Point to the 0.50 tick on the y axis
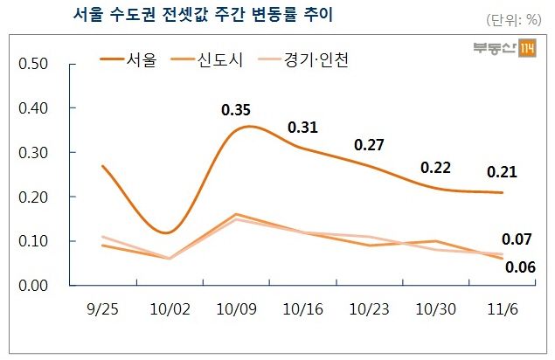(x=34, y=65)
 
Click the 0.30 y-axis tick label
(x=34, y=153)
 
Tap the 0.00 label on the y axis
(x=34, y=285)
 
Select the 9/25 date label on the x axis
(x=101, y=309)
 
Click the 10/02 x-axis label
(x=168, y=309)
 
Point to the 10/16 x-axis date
(x=302, y=309)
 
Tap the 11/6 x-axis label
(x=502, y=309)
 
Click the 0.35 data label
(x=237, y=110)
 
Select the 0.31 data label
(x=303, y=128)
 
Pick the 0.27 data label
(x=370, y=144)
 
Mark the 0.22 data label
(x=436, y=167)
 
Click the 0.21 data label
(x=502, y=172)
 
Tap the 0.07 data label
(x=516, y=239)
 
